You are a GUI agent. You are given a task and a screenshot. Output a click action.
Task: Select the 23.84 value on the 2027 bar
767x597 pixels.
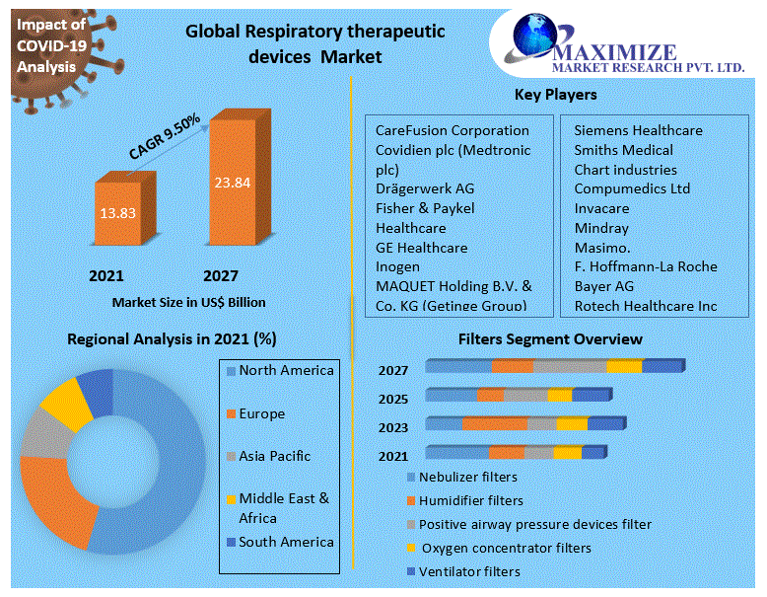pyautogui.click(x=232, y=182)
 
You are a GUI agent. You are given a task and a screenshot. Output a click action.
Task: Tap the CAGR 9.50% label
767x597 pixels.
pyautogui.click(x=165, y=136)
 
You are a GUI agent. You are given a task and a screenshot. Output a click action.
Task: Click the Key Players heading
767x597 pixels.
pyautogui.click(x=555, y=95)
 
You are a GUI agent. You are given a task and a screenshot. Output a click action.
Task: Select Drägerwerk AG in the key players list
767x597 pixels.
pyautogui.click(x=424, y=188)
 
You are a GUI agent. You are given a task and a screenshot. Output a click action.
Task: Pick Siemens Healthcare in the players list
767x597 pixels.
pyautogui.click(x=638, y=130)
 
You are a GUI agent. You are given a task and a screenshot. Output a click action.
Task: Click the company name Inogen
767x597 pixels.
pyautogui.click(x=397, y=266)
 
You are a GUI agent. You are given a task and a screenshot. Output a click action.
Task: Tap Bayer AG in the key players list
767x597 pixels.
pyautogui.click(x=603, y=286)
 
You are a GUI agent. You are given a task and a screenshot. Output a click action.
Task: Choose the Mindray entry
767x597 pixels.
pyautogui.click(x=601, y=228)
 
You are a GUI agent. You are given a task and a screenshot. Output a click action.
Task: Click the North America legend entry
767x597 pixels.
pyautogui.click(x=286, y=371)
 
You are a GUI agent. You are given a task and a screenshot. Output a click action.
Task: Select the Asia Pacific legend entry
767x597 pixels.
pyautogui.click(x=274, y=456)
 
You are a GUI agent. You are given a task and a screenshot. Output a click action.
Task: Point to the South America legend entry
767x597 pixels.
pyautogui.click(x=286, y=542)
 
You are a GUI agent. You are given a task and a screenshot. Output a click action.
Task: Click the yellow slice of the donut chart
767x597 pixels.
pyautogui.click(x=65, y=405)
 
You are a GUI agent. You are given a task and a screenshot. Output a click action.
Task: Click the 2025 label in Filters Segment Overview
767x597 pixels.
pyautogui.click(x=392, y=399)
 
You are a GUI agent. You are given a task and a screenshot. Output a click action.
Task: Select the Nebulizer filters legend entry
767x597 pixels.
pyautogui.click(x=467, y=477)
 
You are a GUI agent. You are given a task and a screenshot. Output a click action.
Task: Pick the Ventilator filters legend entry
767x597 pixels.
pyautogui.click(x=468, y=571)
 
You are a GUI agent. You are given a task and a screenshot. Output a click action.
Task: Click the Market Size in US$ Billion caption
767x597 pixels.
pyautogui.click(x=188, y=302)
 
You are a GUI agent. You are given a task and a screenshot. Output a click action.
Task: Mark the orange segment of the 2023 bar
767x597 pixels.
pyautogui.click(x=495, y=423)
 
